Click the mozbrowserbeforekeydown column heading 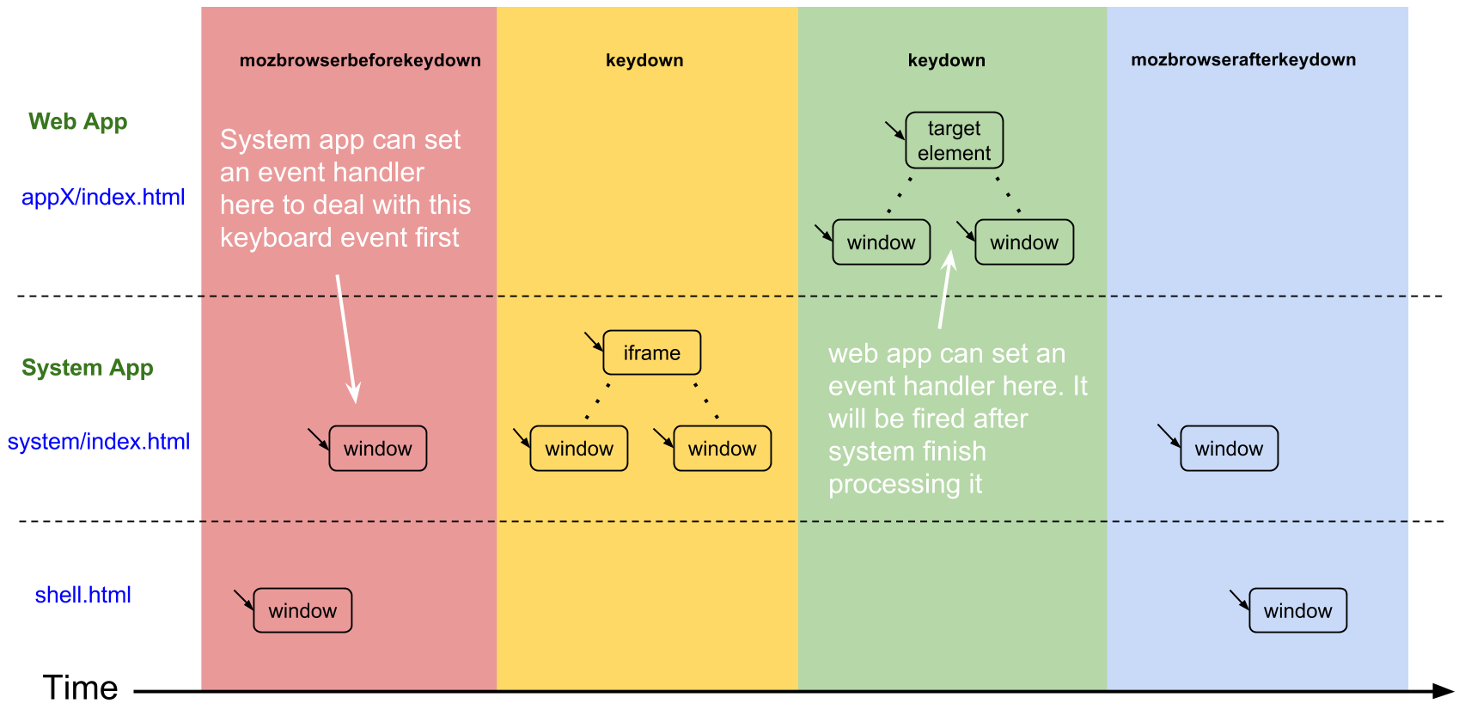point(360,60)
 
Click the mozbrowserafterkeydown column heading point(1243,60)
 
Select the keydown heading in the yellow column point(644,60)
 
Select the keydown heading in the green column point(946,60)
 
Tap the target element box point(955,141)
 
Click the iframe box point(651,352)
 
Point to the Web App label point(77,121)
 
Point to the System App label point(88,367)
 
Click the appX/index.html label point(103,197)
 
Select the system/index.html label point(99,442)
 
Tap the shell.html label point(82,595)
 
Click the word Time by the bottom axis point(80,688)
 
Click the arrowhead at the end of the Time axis point(1444,691)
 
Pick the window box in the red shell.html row point(302,610)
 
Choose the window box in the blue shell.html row point(1297,610)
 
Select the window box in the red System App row point(377,448)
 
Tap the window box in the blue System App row point(1229,448)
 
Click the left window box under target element point(881,242)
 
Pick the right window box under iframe point(723,448)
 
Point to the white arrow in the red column point(347,339)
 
